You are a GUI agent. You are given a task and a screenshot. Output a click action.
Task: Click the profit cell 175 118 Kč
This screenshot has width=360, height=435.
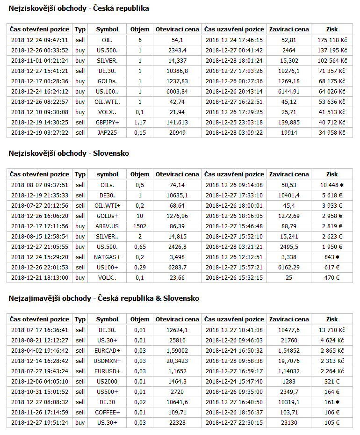pos(332,40)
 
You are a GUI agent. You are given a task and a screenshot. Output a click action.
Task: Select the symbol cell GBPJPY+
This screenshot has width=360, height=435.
pos(107,123)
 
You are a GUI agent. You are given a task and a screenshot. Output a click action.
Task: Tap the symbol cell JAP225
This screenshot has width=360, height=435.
pos(107,133)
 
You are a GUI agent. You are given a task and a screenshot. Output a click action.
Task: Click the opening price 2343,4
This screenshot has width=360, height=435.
pos(177,51)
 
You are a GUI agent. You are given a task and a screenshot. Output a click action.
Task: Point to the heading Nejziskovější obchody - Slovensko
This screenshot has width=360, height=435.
pos(69,153)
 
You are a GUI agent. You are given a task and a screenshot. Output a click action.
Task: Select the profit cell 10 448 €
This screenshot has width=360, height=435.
pos(332,185)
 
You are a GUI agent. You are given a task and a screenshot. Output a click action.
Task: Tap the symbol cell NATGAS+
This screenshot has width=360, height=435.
pos(107,257)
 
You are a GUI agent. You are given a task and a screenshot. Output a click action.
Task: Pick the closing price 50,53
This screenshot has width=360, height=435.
pos(288,185)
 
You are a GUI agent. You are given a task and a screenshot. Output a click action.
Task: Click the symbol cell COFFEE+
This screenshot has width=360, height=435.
pos(107,413)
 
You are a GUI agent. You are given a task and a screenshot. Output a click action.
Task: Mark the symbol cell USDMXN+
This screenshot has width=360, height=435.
pos(107,361)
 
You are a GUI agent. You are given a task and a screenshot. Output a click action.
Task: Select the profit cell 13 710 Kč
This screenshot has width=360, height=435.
pos(332,330)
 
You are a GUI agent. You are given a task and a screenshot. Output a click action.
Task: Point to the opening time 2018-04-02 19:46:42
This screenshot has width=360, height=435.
pos(40,351)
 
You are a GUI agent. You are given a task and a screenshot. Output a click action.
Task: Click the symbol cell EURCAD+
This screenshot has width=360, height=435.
pos(107,351)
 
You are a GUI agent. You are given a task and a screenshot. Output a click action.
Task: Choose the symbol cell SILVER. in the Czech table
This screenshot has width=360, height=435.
pos(107,61)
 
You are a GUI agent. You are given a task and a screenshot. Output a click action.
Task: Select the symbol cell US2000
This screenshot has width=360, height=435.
pos(107,382)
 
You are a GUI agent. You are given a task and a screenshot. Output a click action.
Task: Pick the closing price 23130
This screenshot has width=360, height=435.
pos(288,423)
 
